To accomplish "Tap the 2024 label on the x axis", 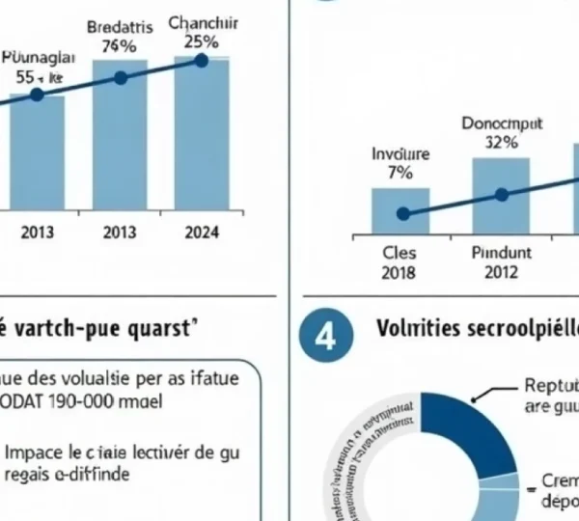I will [x=201, y=232].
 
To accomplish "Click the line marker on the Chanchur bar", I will [x=201, y=61].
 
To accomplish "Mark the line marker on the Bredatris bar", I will [x=120, y=77].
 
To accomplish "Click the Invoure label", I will [x=400, y=154].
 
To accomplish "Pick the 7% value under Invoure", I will [x=400, y=174].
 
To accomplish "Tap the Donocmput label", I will [x=501, y=123].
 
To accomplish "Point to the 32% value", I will [x=501, y=142].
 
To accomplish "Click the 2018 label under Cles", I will [x=399, y=272].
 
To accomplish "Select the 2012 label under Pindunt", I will [x=501, y=272].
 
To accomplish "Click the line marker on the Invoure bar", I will [x=402, y=213].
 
